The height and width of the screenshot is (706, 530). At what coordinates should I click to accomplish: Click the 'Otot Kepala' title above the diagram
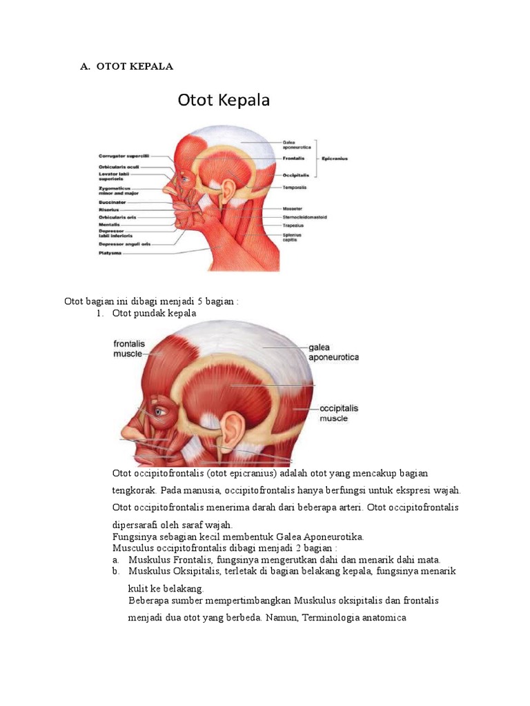point(224,101)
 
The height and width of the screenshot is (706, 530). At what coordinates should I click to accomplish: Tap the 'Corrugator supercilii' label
point(124,157)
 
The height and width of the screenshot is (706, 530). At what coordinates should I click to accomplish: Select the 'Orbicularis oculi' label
point(120,166)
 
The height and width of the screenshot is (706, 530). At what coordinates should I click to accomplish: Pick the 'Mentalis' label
point(111,225)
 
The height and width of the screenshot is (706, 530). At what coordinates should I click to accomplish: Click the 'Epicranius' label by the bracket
point(333,158)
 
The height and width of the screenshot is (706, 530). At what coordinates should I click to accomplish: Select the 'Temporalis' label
point(295,187)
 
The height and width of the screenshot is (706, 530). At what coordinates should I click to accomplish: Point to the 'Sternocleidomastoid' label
point(304,216)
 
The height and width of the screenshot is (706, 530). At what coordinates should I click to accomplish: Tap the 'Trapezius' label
point(293,225)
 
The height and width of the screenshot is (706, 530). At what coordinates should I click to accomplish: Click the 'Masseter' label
point(292,208)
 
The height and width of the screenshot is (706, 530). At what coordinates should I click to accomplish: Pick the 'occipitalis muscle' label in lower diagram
point(339,413)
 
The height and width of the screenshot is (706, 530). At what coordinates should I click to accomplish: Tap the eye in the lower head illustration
point(159,413)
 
